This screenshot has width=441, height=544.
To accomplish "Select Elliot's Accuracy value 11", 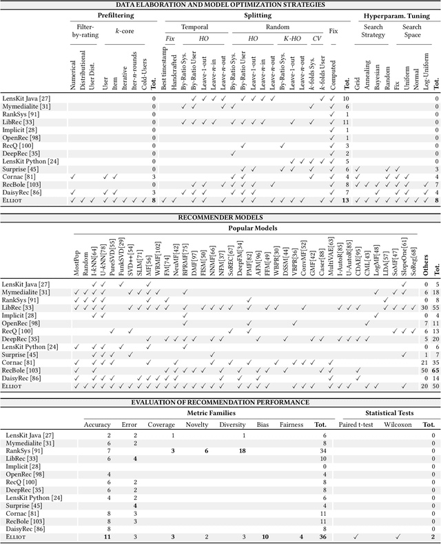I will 107,536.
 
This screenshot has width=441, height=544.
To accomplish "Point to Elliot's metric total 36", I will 321,536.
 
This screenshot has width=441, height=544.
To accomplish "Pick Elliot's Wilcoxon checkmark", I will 397,536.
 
